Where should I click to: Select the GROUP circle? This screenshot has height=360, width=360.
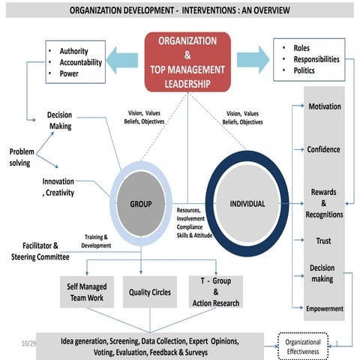pos(141,203)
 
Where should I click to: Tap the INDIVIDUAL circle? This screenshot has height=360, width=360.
pos(247,203)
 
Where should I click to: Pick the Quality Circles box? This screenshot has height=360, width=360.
pos(149,292)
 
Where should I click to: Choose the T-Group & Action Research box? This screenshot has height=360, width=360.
pos(216,292)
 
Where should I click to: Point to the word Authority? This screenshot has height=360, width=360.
pos(78,50)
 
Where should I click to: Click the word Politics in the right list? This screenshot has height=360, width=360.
pos(300,71)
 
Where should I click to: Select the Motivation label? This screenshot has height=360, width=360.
pos(324,106)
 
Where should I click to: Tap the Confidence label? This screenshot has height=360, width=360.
pos(323,149)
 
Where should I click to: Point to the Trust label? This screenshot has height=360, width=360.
pos(324,241)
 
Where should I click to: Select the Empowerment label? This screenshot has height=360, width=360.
pos(324,308)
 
